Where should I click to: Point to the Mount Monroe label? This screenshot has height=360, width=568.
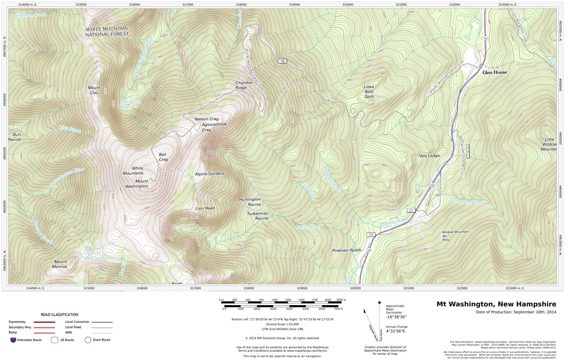(x=60, y=264)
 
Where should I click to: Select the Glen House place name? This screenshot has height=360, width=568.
(x=495, y=72)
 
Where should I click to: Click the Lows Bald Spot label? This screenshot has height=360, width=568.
(x=369, y=92)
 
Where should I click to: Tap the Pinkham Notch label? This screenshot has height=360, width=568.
(x=347, y=251)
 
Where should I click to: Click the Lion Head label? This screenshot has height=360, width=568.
(x=205, y=208)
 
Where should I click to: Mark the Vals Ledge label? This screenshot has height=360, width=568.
(x=429, y=156)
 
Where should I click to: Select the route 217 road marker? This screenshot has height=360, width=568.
(x=411, y=210)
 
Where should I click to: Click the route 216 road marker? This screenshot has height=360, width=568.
(x=371, y=235)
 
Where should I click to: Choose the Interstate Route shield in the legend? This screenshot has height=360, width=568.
(x=13, y=339)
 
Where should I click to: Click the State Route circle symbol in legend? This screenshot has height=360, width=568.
(x=88, y=339)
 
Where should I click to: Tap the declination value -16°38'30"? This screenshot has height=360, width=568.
(x=397, y=316)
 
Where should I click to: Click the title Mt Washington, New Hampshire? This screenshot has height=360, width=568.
(x=496, y=304)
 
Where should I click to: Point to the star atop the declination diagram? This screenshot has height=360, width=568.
(x=379, y=303)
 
